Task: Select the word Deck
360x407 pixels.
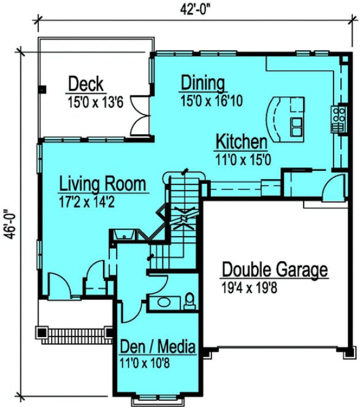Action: click(86, 83)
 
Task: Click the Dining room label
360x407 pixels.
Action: click(203, 83)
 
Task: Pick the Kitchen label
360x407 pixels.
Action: click(241, 142)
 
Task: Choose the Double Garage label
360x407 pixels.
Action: click(274, 270)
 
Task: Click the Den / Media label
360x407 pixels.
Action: click(158, 347)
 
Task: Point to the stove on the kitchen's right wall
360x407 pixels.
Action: click(338, 119)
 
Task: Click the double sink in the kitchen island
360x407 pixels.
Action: click(296, 125)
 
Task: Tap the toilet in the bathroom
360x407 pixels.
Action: click(191, 299)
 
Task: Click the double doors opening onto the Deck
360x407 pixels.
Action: click(140, 116)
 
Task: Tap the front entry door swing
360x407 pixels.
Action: click(59, 284)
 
